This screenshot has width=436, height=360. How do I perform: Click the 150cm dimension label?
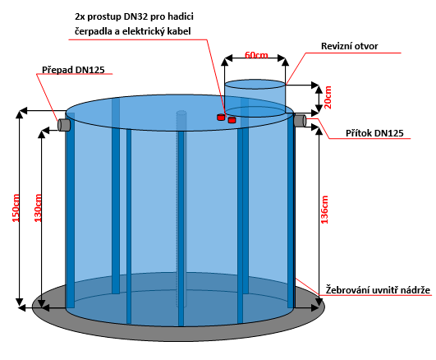tap(16, 208)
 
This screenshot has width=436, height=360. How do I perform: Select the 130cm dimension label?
tap(38, 208)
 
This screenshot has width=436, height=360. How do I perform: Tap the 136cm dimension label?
tap(324, 210)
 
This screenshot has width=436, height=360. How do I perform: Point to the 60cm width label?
tap(256, 55)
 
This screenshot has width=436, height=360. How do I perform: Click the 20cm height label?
tap(328, 97)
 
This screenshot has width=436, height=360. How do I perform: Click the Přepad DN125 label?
tap(73, 70)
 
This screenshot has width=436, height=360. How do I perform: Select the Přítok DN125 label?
tap(374, 133)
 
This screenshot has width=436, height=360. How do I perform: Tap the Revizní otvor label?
tap(349, 46)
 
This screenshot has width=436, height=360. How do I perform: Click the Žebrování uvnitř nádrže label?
tap(378, 290)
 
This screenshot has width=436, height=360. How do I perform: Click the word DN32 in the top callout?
tap(136, 16)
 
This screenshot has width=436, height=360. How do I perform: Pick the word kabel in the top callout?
tap(180, 31)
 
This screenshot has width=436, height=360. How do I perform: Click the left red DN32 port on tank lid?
tap(221, 118)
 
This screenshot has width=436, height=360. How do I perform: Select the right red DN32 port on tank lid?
tap(232, 120)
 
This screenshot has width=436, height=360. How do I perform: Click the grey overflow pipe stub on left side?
tap(64, 124)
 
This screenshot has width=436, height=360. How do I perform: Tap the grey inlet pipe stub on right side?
tap(300, 120)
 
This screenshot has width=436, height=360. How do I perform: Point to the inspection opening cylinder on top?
tap(255, 98)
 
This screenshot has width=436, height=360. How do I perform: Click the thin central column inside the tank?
tap(181, 209)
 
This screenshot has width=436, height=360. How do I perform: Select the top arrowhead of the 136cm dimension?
tap(319, 132)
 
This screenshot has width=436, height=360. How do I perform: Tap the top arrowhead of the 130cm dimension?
tap(41, 135)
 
